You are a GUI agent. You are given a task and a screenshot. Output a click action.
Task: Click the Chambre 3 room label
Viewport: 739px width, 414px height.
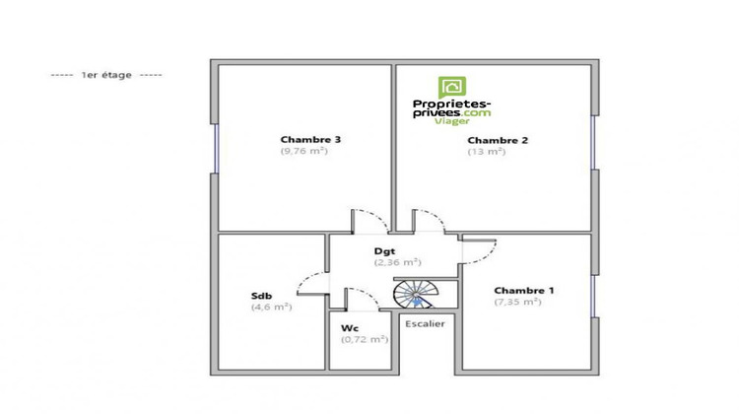click(303, 139)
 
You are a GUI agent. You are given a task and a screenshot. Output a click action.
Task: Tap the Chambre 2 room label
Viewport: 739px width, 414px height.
click(498, 140)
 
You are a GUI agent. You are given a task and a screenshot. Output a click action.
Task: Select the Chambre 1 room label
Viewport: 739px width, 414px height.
click(524, 290)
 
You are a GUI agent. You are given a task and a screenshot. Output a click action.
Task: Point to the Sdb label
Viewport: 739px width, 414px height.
click(262, 295)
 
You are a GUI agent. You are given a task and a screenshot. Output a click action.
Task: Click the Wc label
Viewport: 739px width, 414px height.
click(349, 327)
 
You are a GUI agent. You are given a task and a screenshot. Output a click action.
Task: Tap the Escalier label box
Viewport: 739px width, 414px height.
click(425, 322)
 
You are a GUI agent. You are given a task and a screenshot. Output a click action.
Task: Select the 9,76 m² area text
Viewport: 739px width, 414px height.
click(303, 151)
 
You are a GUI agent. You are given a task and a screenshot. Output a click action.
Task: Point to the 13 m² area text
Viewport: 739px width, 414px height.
click(486, 152)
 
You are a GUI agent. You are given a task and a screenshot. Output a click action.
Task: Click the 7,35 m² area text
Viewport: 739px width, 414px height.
click(517, 302)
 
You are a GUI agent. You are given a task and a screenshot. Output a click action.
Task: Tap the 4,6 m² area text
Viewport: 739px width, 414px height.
click(271, 307)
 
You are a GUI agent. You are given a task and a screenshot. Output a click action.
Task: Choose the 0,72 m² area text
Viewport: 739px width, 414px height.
click(365, 339)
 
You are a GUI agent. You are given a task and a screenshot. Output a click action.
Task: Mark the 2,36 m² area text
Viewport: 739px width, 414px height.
click(397, 262)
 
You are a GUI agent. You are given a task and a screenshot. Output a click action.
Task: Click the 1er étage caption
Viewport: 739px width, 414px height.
click(106, 74)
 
